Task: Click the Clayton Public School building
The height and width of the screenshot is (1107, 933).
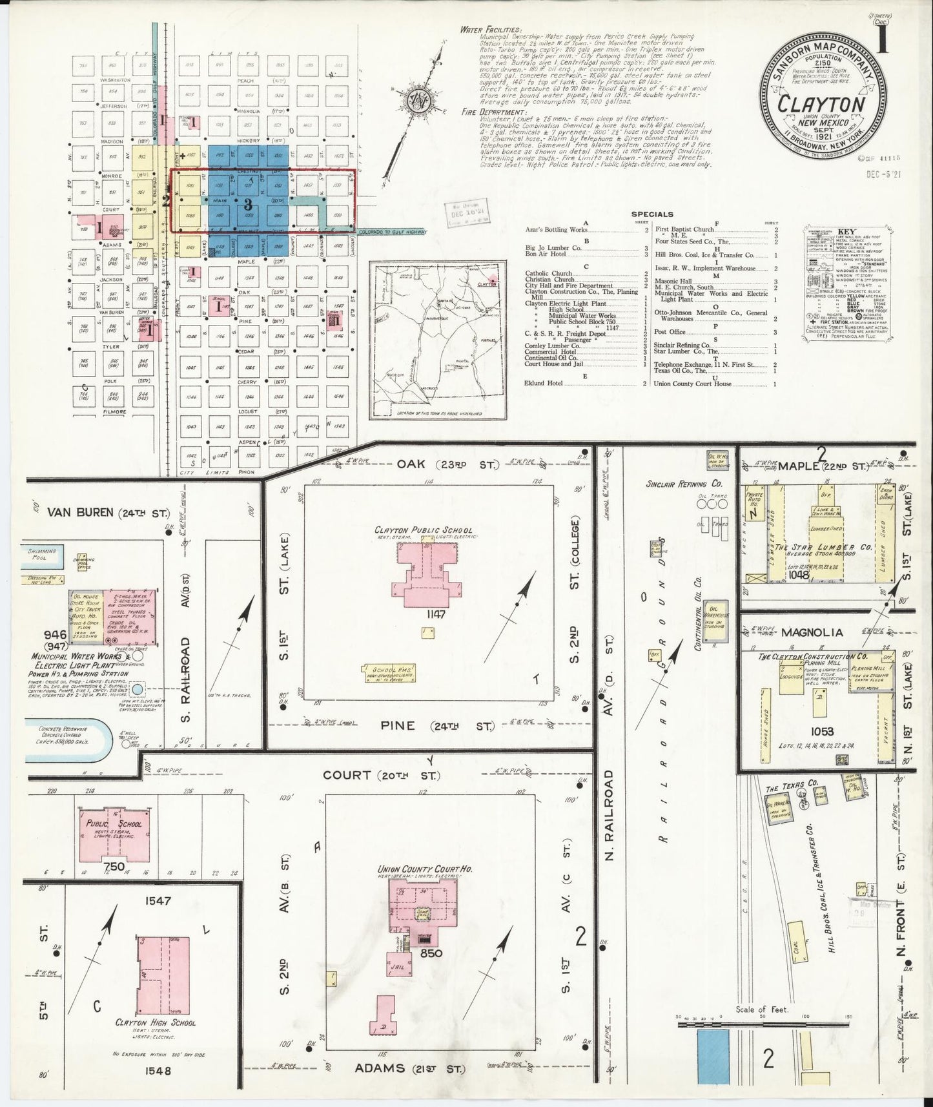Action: tap(424, 575)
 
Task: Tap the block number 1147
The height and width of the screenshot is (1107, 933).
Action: tap(422, 615)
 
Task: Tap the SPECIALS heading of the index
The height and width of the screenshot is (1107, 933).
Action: tap(652, 214)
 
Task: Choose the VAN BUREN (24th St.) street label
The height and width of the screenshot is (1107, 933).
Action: tap(108, 513)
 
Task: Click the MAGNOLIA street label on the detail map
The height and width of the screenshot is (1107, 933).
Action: tap(807, 633)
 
